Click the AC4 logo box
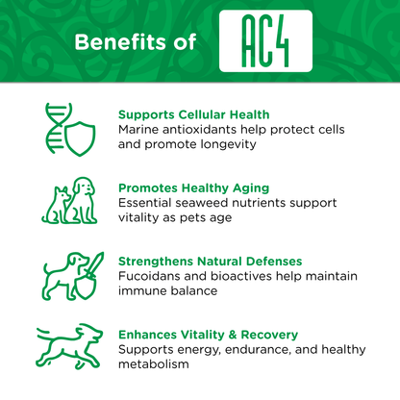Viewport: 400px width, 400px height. (265, 41)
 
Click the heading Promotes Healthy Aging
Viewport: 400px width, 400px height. (192, 188)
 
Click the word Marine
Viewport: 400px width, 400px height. (140, 130)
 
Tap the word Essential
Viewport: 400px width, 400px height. (149, 204)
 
